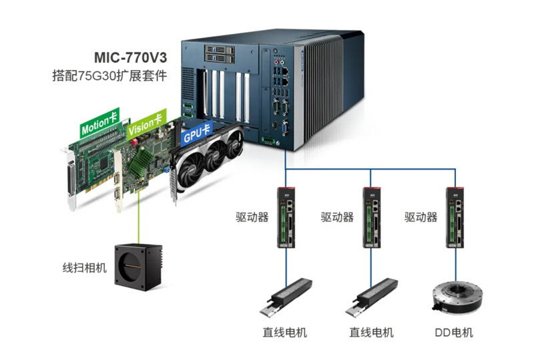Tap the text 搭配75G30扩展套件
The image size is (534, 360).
point(109,75)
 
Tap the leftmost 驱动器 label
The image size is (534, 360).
point(252,217)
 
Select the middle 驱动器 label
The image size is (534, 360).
point(337,217)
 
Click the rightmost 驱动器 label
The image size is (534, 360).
point(421,217)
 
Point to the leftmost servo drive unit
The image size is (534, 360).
point(285,216)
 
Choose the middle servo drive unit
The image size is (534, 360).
point(371,216)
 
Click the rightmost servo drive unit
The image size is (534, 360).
point(456,216)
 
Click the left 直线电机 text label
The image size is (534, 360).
point(285,332)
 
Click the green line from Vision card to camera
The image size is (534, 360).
point(138,220)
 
